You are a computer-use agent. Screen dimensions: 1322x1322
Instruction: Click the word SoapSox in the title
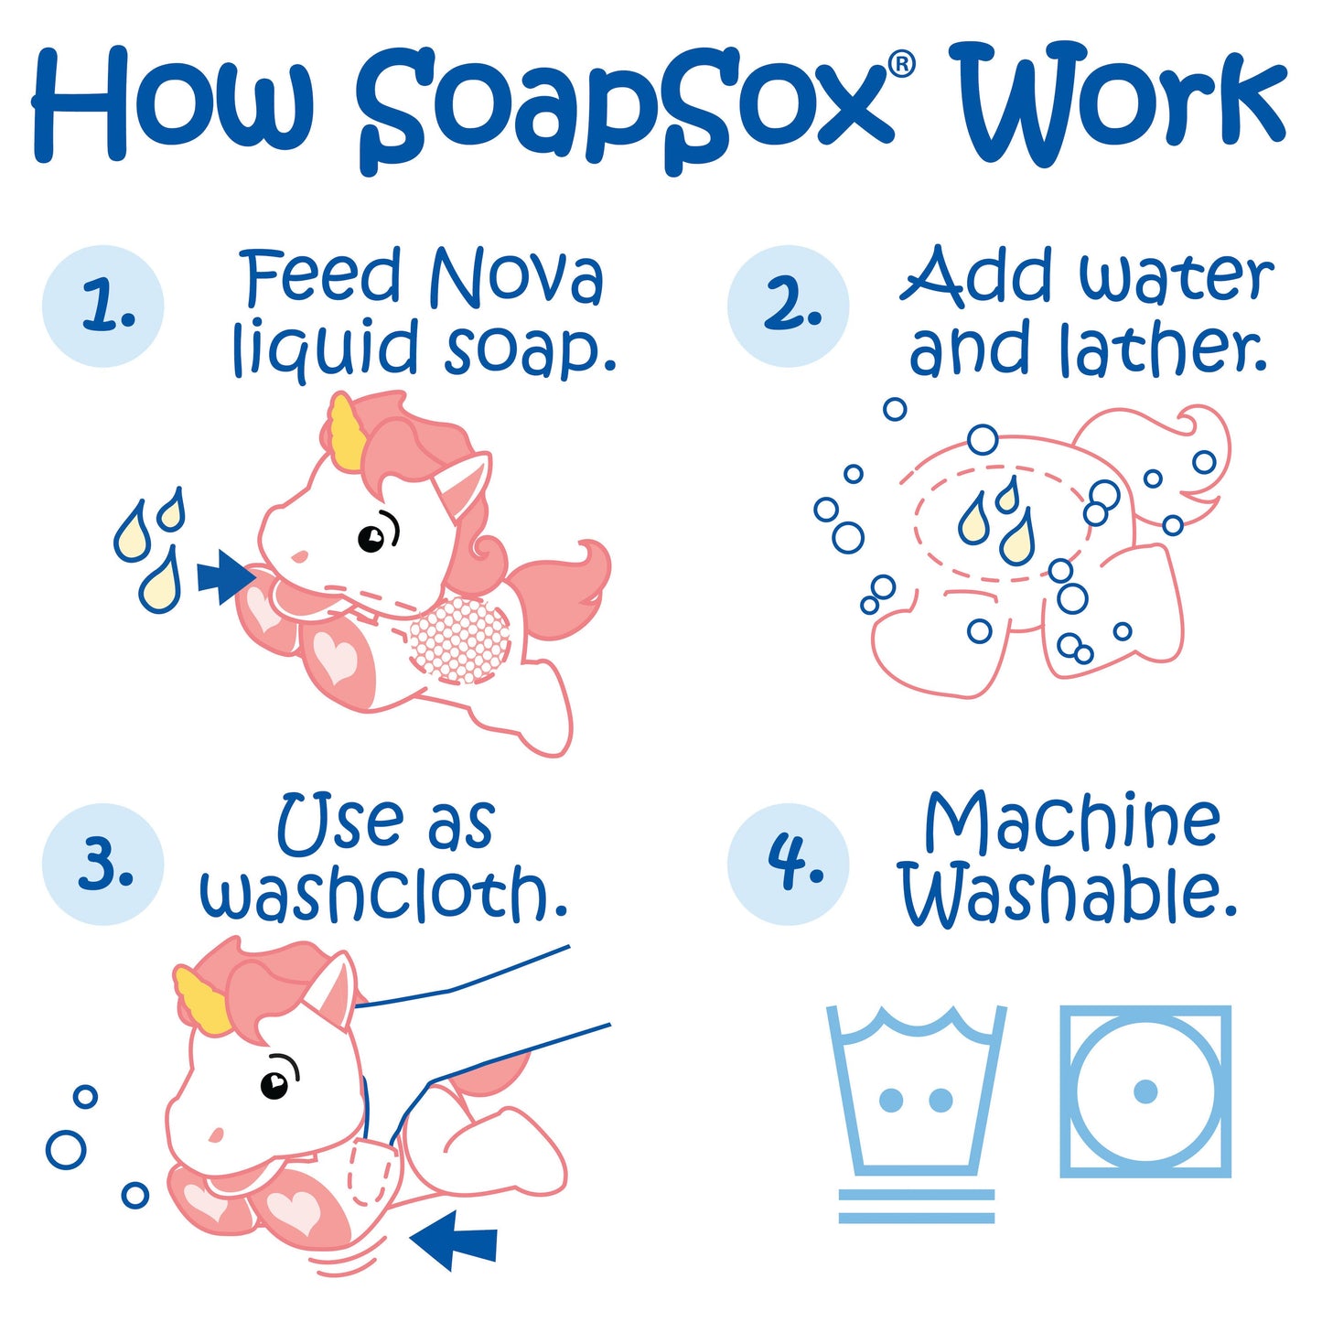[622, 105]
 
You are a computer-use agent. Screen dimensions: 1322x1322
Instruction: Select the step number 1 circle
[103, 306]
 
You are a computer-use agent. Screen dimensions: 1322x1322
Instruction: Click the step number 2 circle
[788, 306]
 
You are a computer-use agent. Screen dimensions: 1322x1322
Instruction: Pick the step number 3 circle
[103, 864]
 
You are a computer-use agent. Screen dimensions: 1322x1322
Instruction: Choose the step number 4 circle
[788, 864]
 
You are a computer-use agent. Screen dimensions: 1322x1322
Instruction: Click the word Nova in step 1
[517, 277]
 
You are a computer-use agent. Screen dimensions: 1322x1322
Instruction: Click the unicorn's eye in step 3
[274, 1085]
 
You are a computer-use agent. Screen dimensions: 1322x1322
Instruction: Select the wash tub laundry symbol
[916, 1093]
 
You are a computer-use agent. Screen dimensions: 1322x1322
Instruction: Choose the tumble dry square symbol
[1145, 1091]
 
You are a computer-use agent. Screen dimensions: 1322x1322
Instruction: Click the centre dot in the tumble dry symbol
[1145, 1091]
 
